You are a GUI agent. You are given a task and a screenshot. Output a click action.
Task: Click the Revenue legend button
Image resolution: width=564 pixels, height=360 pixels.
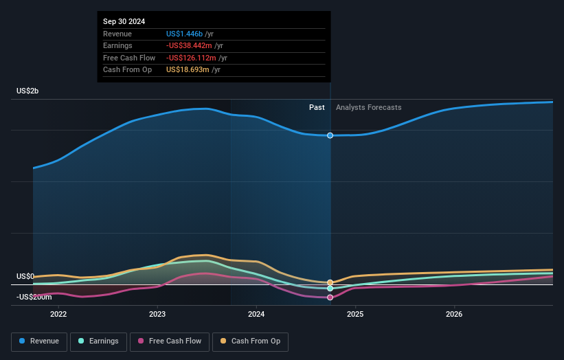click(x=40, y=341)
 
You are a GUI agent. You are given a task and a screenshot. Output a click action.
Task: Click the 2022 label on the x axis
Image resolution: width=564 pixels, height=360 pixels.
click(x=58, y=315)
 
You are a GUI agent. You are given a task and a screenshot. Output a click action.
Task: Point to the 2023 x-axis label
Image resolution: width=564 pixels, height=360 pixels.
click(x=157, y=315)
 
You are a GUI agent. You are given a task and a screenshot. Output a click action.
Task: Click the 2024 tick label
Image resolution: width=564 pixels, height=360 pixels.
click(x=256, y=315)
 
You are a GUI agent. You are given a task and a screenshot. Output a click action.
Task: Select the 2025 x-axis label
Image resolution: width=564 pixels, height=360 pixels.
click(x=355, y=315)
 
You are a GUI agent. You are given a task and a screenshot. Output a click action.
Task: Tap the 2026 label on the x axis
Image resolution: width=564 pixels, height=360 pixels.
click(x=454, y=315)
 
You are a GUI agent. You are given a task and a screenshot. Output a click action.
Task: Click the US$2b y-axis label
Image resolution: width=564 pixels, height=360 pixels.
click(x=28, y=91)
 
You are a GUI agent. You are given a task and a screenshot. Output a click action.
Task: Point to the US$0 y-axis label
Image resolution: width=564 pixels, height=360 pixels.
click(x=25, y=276)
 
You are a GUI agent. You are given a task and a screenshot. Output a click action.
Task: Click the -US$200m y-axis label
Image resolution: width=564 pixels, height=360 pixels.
click(x=34, y=297)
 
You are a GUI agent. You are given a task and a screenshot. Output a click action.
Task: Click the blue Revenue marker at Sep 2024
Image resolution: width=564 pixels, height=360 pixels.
click(x=330, y=135)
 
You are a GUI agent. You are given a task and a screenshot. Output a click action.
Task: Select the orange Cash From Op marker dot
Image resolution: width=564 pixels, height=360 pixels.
click(x=330, y=282)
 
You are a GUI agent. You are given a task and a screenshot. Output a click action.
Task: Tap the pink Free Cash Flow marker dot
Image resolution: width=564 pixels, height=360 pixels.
click(x=330, y=297)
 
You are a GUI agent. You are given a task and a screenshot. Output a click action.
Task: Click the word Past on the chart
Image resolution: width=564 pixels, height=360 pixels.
click(x=317, y=107)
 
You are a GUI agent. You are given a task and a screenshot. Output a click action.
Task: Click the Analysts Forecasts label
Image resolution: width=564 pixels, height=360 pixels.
click(x=368, y=107)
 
